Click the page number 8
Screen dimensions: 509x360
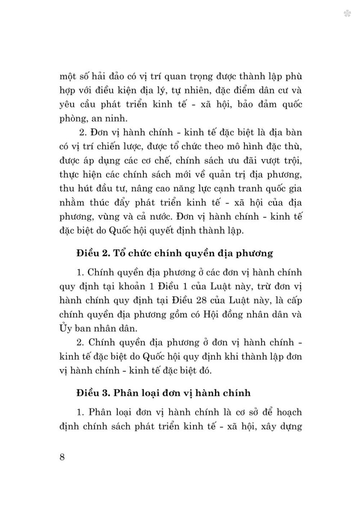(x=62, y=458)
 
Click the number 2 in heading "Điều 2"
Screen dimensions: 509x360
(x=106, y=253)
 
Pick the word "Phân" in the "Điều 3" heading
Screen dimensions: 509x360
(x=126, y=392)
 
